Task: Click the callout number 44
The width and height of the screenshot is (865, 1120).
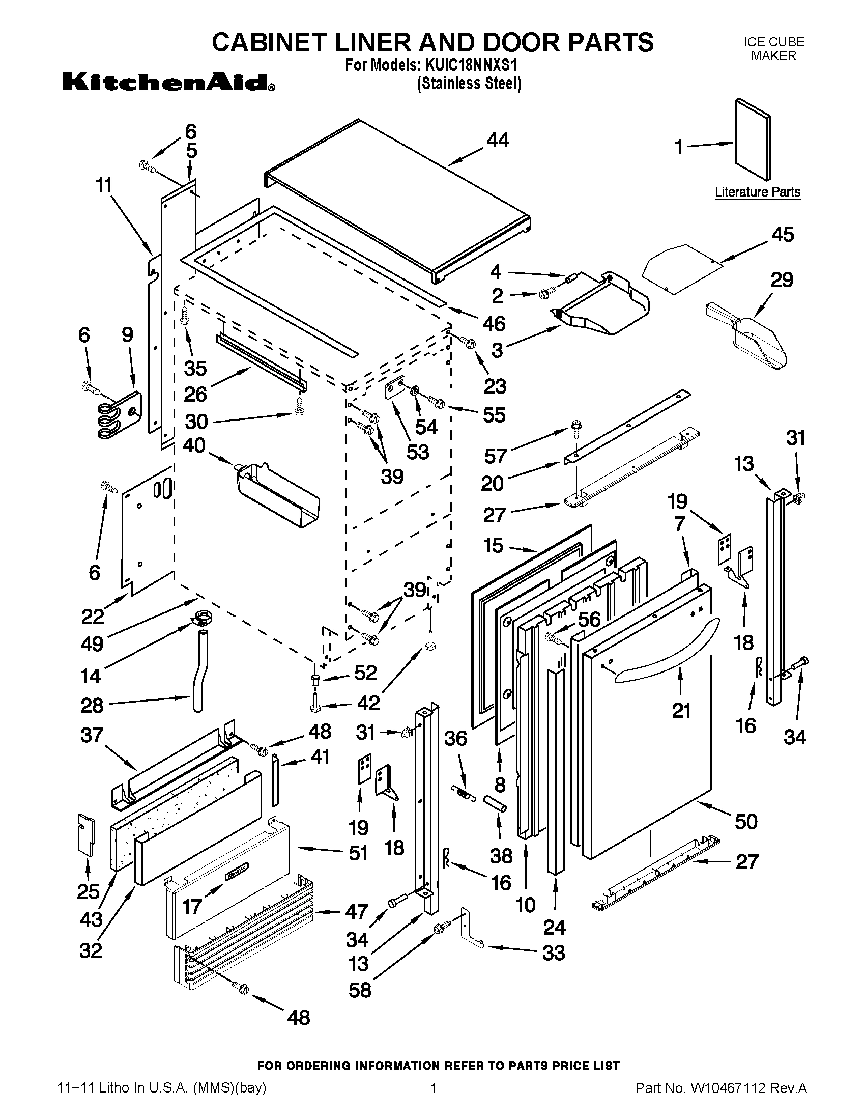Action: (x=498, y=140)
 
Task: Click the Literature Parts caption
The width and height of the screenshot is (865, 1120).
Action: (x=758, y=192)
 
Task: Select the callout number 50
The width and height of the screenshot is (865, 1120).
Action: (x=745, y=822)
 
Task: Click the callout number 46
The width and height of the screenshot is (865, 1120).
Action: (x=494, y=324)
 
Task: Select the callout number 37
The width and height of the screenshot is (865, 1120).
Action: (x=92, y=736)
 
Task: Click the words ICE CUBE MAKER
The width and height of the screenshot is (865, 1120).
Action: (x=773, y=49)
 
